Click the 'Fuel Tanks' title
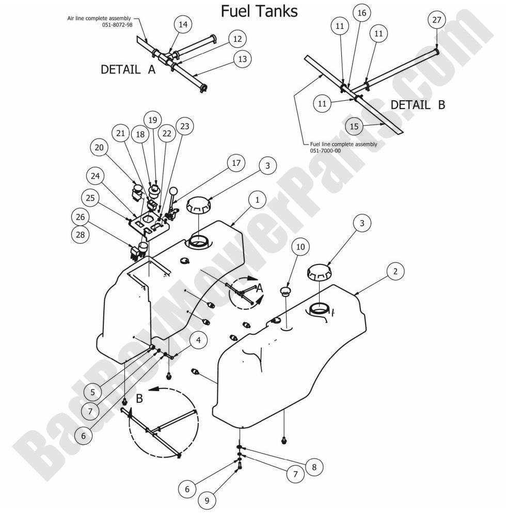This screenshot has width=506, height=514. pos(259,11)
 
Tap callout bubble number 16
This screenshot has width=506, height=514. pos(361,13)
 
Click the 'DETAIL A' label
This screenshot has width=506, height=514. pos(128,70)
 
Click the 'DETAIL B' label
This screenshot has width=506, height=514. pos(417,105)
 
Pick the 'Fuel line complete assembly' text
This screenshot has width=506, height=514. pos(343,144)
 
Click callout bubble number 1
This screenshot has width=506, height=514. pos(258,199)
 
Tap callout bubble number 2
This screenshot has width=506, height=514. pos(394,271)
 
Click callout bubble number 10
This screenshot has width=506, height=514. pos(301,247)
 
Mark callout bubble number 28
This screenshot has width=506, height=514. pos(81,235)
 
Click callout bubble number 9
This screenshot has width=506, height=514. pos(207,500)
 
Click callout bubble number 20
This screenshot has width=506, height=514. pos(99,148)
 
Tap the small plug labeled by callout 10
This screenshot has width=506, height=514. pos(286,293)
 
